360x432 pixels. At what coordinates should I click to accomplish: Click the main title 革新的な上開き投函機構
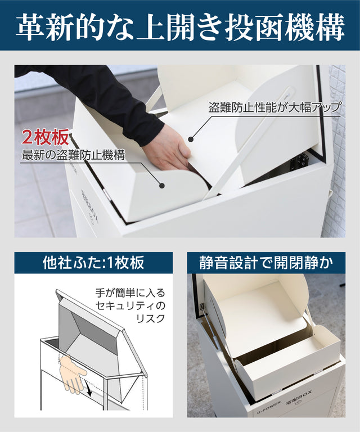[180, 28]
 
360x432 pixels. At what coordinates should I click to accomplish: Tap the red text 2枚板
[46, 137]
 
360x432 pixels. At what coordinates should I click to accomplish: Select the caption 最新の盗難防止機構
[73, 155]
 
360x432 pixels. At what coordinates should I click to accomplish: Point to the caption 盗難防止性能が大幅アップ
[274, 107]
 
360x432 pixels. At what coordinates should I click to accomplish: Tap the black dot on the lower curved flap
[162, 186]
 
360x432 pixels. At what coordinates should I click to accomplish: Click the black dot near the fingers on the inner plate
[191, 139]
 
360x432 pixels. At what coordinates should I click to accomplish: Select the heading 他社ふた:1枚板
[93, 263]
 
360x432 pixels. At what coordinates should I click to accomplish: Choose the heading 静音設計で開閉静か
[266, 263]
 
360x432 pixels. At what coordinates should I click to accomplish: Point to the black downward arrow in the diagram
[88, 389]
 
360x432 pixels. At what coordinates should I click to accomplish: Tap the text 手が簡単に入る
[130, 292]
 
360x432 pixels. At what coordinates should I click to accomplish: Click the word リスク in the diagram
[151, 318]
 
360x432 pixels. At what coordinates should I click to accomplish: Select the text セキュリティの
[130, 305]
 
